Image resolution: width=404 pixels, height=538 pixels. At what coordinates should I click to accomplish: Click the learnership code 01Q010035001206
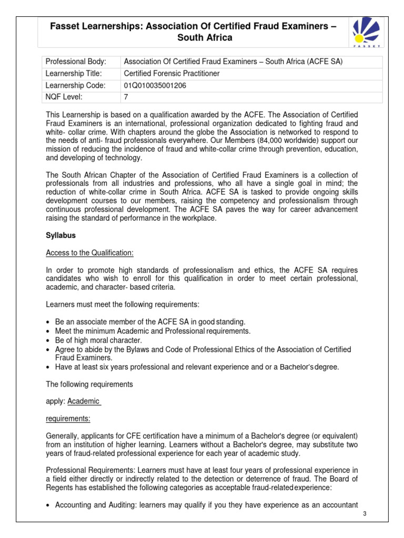(155, 85)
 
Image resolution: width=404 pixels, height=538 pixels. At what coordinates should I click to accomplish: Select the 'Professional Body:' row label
(76, 61)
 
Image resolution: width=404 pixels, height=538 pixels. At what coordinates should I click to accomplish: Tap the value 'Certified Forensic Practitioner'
(171, 74)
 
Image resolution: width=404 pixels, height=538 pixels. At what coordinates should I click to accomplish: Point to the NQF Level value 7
(126, 97)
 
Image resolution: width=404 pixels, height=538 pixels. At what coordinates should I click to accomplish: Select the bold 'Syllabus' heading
(61, 235)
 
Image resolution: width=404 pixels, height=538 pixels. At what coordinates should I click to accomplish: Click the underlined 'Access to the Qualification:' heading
(90, 253)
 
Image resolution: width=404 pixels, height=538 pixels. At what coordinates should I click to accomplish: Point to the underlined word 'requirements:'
(68, 419)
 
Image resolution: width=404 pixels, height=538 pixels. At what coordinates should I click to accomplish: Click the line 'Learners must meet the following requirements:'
(123, 304)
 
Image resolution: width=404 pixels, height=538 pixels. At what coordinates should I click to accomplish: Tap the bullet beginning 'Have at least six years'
(197, 367)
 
